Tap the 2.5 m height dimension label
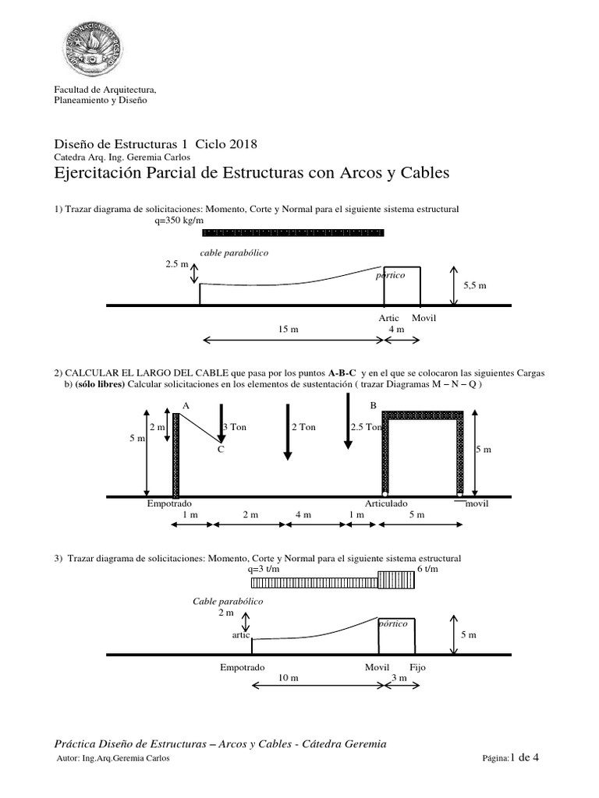click(x=176, y=265)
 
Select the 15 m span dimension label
click(x=289, y=330)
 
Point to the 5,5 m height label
click(x=474, y=286)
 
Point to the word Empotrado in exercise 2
click(x=169, y=503)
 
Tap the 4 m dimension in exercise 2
click(x=303, y=515)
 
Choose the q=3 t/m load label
click(x=264, y=570)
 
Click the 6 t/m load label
click(x=428, y=570)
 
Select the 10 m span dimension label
click(x=289, y=679)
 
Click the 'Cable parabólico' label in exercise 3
click(x=228, y=602)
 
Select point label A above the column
click(x=186, y=405)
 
